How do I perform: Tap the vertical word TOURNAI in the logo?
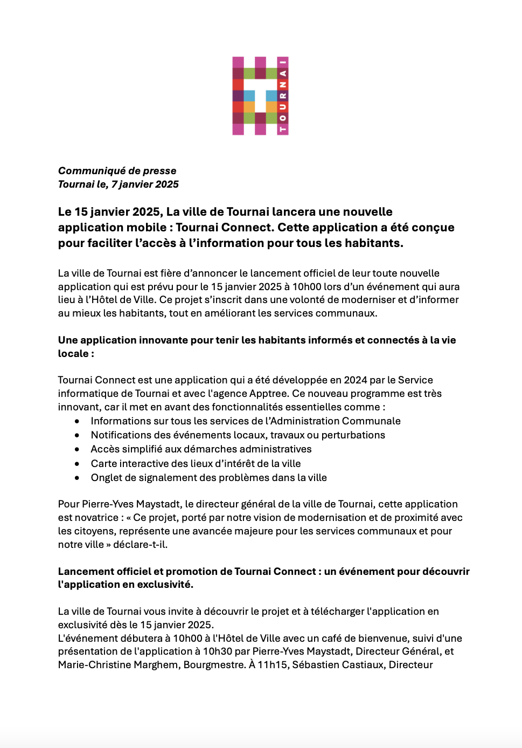coord(283,96)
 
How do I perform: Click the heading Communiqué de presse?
coord(117,171)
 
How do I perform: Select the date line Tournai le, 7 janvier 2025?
coord(118,184)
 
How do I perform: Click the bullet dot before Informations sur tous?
coord(78,421)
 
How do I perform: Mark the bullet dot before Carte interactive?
coord(78,464)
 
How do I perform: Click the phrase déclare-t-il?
coord(140,545)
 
